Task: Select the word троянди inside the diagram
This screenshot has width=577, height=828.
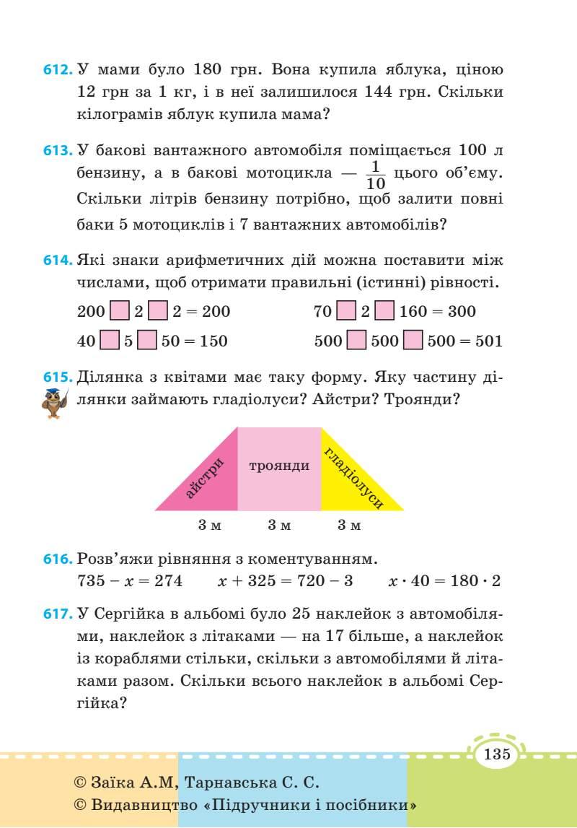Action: [x=279, y=466]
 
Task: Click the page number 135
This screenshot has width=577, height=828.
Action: [x=498, y=755]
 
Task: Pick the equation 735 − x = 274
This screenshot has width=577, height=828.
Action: [x=130, y=581]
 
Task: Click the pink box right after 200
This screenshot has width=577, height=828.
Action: [x=119, y=312]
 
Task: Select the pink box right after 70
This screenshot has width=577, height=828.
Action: [x=346, y=312]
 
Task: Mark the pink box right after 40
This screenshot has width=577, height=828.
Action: [x=109, y=341]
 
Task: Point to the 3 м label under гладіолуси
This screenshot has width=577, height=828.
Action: [x=349, y=526]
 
